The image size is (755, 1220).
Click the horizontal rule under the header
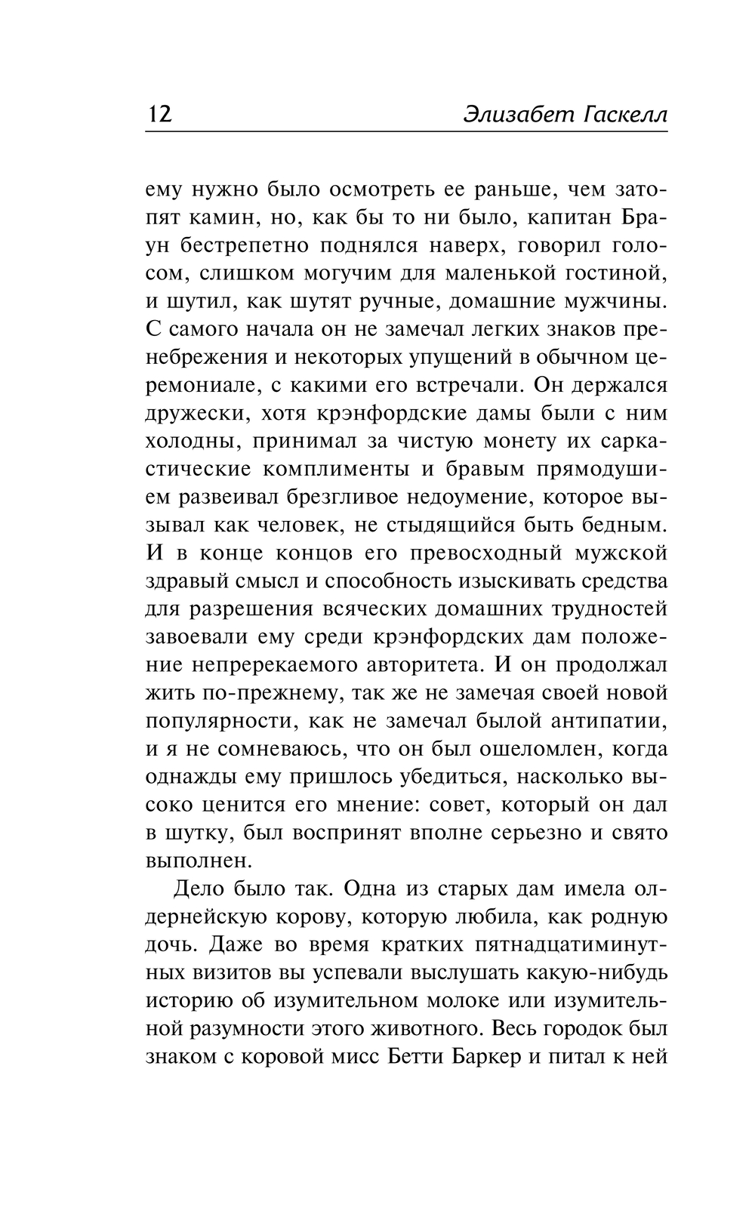tap(406, 132)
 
